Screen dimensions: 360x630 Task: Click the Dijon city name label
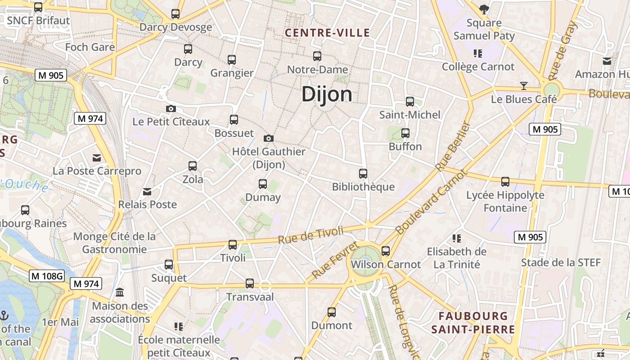(327, 94)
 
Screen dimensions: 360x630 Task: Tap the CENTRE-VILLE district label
(328, 32)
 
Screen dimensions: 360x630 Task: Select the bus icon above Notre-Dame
(317, 56)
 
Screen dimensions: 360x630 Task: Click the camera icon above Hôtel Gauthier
(269, 138)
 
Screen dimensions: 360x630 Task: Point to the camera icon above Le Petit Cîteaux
(171, 108)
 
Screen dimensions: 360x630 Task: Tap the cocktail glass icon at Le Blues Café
(524, 85)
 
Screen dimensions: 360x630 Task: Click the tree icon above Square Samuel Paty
(484, 9)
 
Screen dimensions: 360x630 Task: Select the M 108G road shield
(46, 276)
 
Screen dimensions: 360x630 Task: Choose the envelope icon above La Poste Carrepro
(97, 157)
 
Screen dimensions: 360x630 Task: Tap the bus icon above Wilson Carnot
(386, 251)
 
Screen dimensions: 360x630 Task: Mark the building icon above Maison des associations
(120, 292)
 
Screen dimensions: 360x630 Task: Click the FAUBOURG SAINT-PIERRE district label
(473, 323)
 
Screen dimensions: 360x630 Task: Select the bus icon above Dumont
(332, 312)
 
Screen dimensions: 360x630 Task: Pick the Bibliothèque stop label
(363, 187)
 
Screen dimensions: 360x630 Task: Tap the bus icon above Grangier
(232, 59)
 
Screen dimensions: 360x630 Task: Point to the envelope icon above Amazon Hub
(607, 61)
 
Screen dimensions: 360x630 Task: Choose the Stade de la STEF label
(561, 262)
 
